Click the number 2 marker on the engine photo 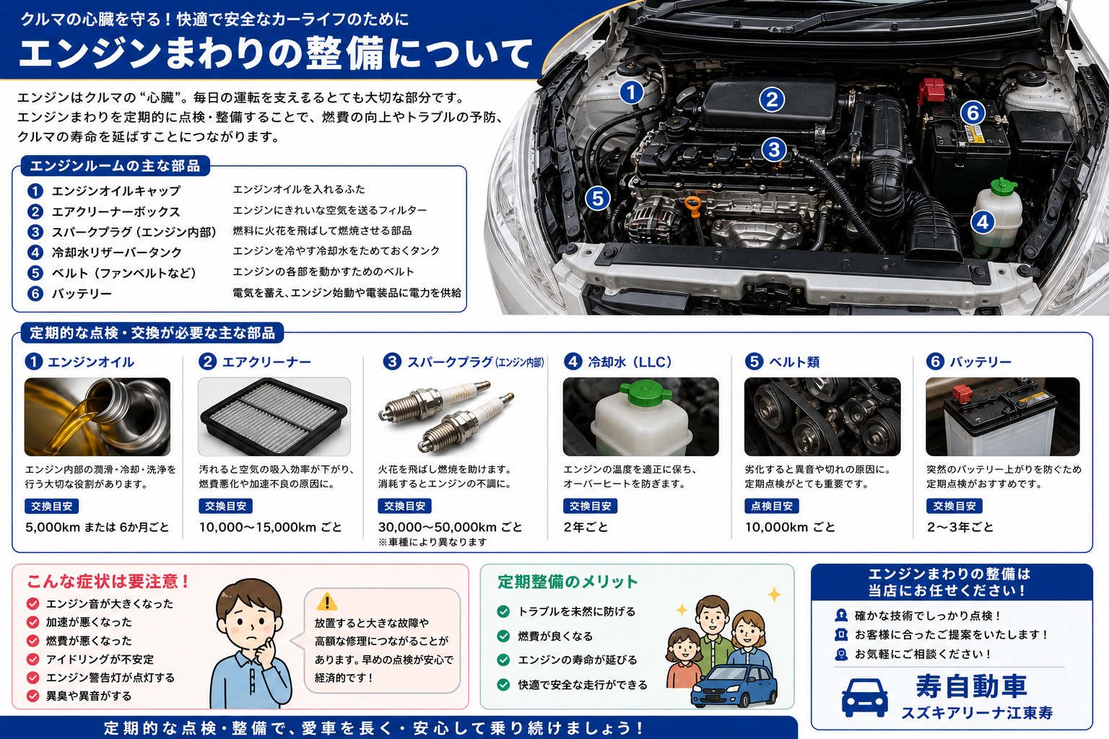(x=772, y=100)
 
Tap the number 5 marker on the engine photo (x=598, y=198)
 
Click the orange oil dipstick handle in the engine (x=693, y=206)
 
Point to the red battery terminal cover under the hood (x=931, y=90)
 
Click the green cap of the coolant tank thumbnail (x=645, y=392)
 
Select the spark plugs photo (x=447, y=416)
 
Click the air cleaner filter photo (x=274, y=416)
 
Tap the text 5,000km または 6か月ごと (x=97, y=527)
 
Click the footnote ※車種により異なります (x=432, y=542)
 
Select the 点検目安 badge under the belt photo (x=771, y=506)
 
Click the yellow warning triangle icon (x=327, y=601)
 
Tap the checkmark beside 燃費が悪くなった (x=32, y=641)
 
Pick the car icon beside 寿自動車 (x=864, y=697)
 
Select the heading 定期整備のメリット (x=567, y=582)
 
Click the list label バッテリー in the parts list (x=82, y=294)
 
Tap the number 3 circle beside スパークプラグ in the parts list (x=35, y=232)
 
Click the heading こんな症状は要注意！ (x=108, y=581)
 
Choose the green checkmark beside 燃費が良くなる (x=503, y=636)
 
